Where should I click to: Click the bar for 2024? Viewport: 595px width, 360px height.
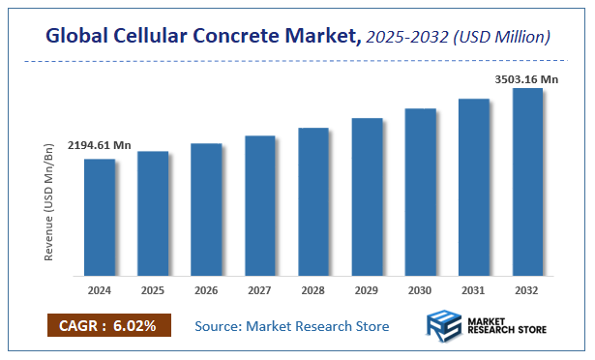[100, 217]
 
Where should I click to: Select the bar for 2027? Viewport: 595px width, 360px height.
[260, 205]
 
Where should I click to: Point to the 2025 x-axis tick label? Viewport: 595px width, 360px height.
[153, 289]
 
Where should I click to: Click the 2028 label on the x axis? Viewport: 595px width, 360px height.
[313, 289]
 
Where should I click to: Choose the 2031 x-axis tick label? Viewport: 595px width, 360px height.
[474, 289]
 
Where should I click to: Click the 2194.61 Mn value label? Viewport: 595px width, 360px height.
[99, 145]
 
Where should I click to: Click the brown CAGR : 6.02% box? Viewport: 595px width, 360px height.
[108, 326]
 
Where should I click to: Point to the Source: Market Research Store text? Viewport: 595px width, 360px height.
[292, 327]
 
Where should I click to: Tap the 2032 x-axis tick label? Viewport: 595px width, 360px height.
[527, 289]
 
